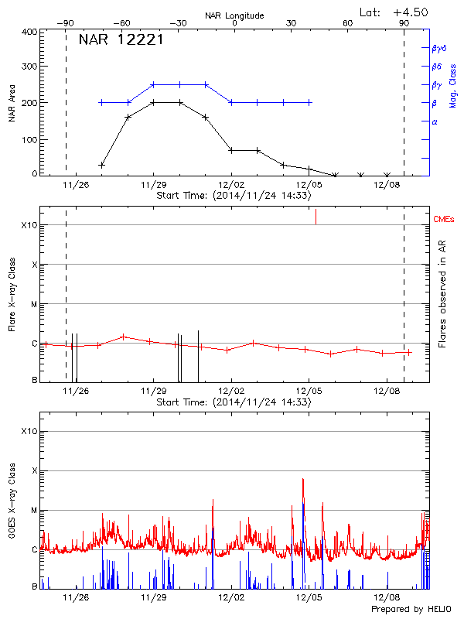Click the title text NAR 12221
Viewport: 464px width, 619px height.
coord(121,40)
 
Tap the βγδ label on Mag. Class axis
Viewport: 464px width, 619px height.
coord(438,47)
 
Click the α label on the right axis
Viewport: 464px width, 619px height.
coord(435,121)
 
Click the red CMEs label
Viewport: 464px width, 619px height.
coord(445,220)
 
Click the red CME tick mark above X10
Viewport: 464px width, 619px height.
coord(316,217)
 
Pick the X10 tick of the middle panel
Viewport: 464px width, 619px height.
coord(29,225)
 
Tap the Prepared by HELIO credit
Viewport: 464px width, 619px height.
coord(413,610)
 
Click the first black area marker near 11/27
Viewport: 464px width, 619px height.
coord(102,165)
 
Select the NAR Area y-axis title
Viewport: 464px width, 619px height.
coord(12,104)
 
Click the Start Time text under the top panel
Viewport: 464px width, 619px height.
coord(234,196)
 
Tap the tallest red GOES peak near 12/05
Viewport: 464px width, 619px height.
coord(302,480)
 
